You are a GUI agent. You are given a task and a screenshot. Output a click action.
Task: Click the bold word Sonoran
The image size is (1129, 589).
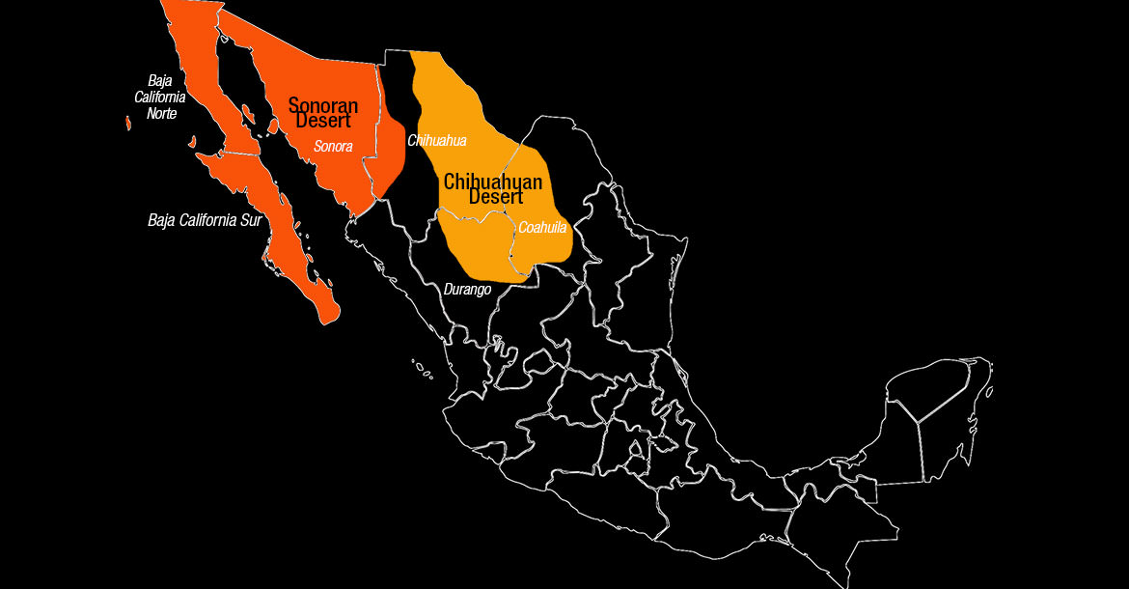click(x=323, y=105)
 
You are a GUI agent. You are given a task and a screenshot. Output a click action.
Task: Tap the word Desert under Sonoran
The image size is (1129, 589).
click(x=323, y=122)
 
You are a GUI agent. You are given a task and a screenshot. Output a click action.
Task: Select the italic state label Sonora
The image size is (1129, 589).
click(x=333, y=147)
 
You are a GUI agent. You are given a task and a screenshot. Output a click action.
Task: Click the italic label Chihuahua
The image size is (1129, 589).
click(x=437, y=141)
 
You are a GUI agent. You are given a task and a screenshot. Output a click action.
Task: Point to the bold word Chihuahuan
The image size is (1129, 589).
click(x=492, y=182)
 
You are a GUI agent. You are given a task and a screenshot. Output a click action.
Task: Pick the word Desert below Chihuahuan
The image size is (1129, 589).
click(x=496, y=197)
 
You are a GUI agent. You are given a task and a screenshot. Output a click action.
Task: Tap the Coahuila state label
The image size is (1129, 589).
click(x=542, y=228)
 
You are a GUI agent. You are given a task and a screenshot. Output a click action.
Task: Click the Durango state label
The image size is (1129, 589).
click(x=468, y=290)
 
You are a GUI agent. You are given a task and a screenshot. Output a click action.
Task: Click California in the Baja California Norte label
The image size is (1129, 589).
click(x=159, y=98)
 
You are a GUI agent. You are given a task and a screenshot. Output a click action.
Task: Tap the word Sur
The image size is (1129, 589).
click(x=250, y=220)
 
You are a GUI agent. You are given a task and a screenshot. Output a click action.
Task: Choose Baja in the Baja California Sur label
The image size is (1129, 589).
click(x=162, y=220)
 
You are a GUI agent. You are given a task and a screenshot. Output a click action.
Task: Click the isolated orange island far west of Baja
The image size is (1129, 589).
click(x=128, y=123)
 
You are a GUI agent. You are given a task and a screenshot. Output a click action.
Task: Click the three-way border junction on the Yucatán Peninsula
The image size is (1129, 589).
click(x=916, y=422)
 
